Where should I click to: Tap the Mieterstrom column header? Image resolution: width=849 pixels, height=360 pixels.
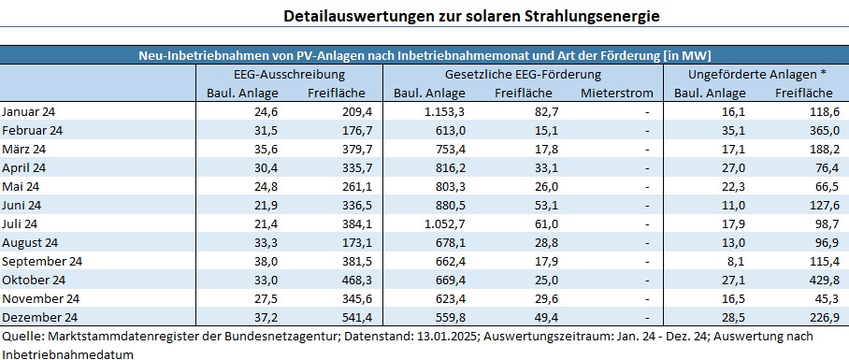[613, 93]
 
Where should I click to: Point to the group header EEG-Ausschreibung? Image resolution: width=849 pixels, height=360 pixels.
[289, 74]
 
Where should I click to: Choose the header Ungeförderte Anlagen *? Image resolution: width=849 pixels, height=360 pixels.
[756, 74]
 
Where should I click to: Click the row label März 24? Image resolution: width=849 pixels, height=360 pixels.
[23, 149]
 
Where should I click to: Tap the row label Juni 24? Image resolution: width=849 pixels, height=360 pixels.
[22, 205]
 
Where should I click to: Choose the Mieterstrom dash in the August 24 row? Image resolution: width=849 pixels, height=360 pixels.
[647, 242]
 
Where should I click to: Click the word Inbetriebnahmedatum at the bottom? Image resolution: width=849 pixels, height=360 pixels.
[67, 353]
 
